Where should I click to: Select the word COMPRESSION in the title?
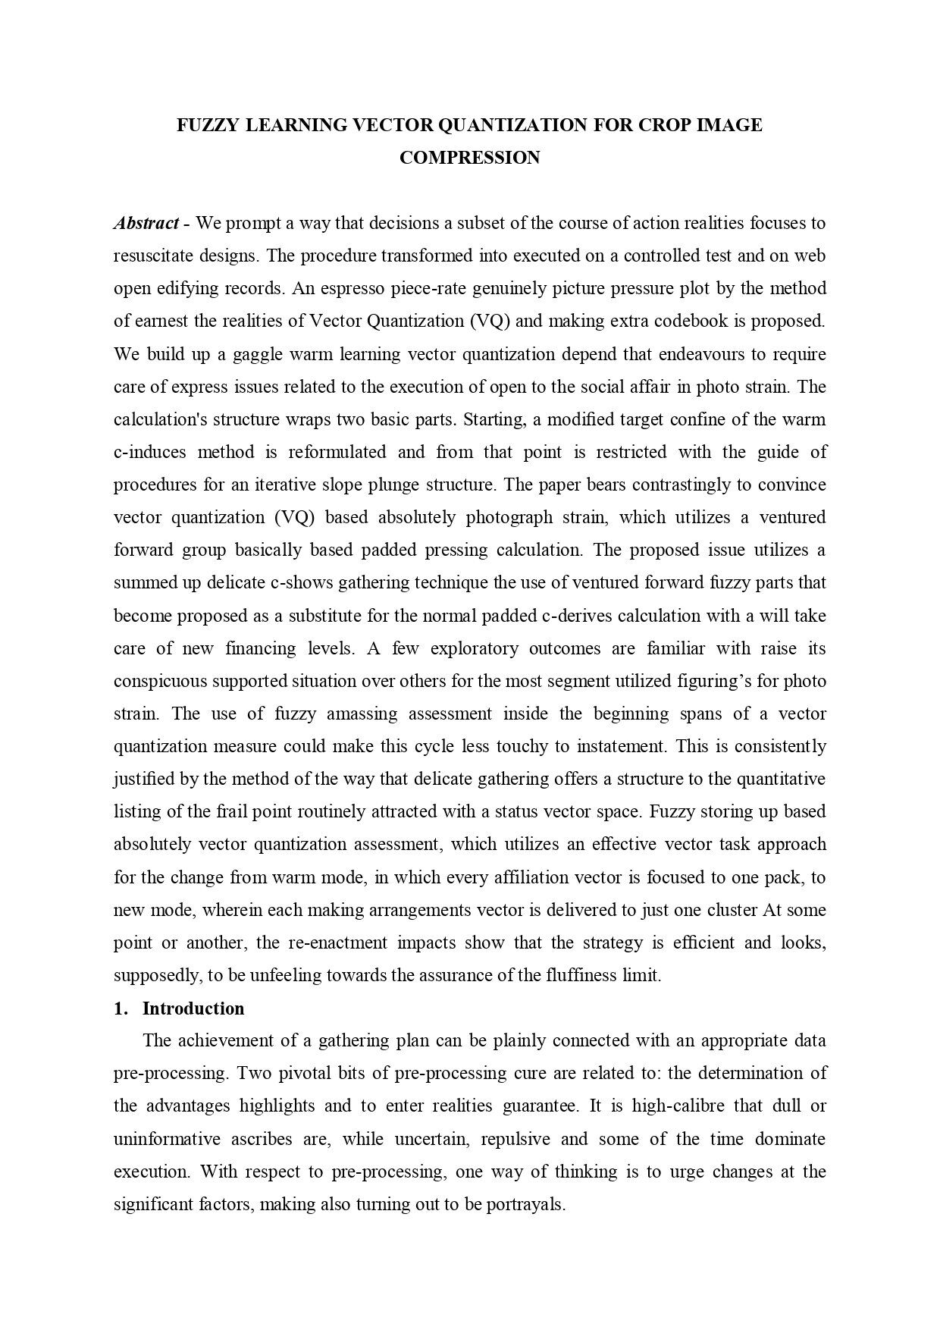[469, 158]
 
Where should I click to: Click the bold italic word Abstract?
[146, 224]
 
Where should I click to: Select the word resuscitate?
[154, 256]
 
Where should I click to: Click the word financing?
[260, 649]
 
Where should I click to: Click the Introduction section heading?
[193, 1008]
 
